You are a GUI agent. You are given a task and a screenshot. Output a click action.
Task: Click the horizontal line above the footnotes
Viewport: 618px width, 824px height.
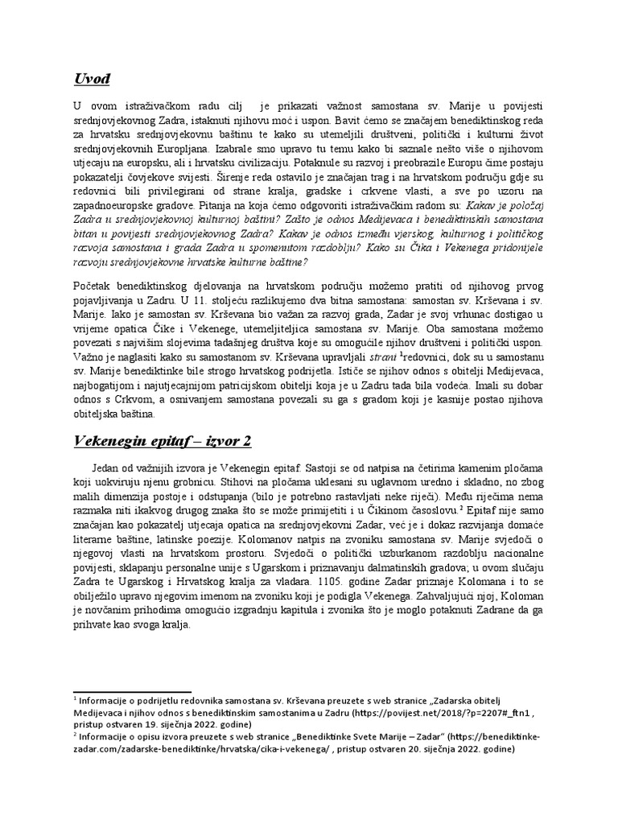click(132, 691)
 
